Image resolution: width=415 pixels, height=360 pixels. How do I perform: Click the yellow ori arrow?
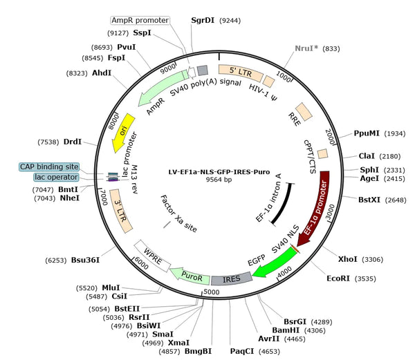122,133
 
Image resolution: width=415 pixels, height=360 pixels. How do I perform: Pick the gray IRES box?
232,279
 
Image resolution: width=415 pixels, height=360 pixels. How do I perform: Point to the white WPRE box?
152,256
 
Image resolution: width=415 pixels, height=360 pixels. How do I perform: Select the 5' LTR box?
241,72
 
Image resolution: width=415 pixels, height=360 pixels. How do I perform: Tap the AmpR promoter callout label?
140,20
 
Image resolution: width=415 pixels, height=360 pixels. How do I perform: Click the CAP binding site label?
49,167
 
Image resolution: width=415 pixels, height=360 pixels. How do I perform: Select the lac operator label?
56,177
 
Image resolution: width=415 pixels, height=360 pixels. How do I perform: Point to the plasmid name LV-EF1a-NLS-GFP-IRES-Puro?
219,172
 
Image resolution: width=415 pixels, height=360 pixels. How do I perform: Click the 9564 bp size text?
219,180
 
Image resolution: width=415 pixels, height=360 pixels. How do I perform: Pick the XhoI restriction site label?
347,259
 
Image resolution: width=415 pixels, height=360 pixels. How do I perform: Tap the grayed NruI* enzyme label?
306,48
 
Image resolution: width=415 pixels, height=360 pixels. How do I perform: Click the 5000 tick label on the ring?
212,292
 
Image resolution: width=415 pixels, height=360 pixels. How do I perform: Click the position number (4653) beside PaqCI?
269,352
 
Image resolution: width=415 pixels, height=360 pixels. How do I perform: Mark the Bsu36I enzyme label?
85,260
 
